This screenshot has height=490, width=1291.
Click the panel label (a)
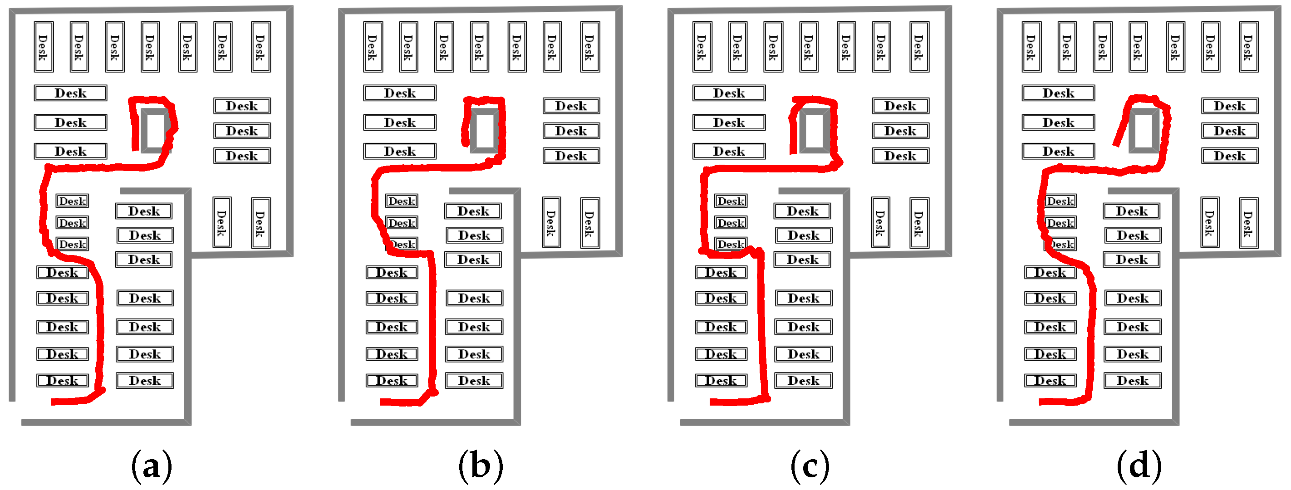(152, 466)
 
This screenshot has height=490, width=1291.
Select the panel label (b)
(481, 466)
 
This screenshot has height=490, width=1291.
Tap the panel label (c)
(810, 466)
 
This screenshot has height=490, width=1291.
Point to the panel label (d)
(1139, 466)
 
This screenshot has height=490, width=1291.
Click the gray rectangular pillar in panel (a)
(156, 130)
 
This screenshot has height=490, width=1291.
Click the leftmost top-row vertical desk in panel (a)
(44, 47)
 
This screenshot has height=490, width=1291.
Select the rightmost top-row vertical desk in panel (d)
(1248, 47)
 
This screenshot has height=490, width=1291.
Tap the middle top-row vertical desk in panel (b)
(479, 47)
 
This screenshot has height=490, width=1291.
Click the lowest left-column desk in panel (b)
(392, 381)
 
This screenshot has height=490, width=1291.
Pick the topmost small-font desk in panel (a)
(72, 201)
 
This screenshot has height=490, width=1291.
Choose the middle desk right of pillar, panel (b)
(571, 131)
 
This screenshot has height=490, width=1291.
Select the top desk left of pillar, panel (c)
(729, 93)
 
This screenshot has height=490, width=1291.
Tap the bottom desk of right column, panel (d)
(1132, 381)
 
